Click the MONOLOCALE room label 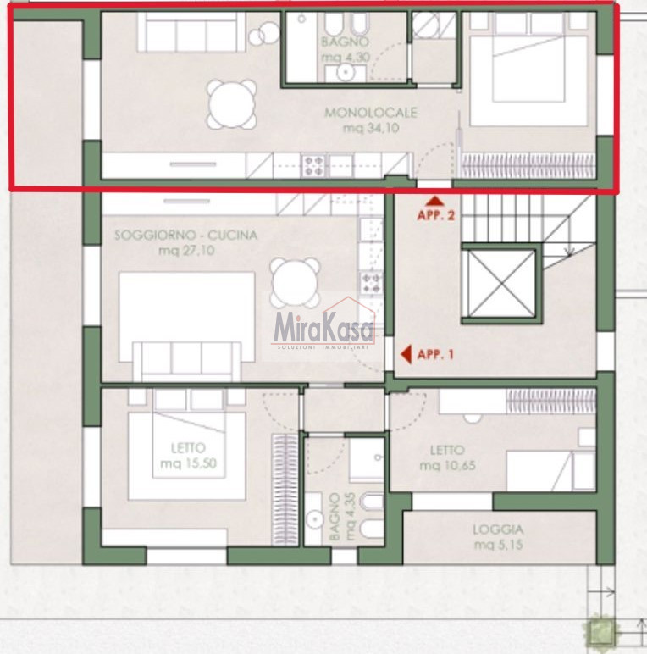(371, 113)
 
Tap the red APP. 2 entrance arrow (435, 202)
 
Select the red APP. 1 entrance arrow (406, 354)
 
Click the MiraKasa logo (323, 324)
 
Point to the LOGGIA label (498, 529)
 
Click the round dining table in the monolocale (232, 104)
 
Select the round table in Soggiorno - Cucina (295, 283)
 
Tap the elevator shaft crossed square (501, 284)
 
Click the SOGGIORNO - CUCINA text (186, 236)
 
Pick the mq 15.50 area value (189, 463)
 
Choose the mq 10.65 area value (447, 465)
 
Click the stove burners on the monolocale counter (313, 165)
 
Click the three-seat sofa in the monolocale (191, 32)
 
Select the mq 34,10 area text (371, 128)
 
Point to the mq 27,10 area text (186, 251)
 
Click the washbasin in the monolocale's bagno (346, 73)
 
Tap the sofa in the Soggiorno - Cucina (187, 362)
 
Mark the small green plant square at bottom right (600, 629)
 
